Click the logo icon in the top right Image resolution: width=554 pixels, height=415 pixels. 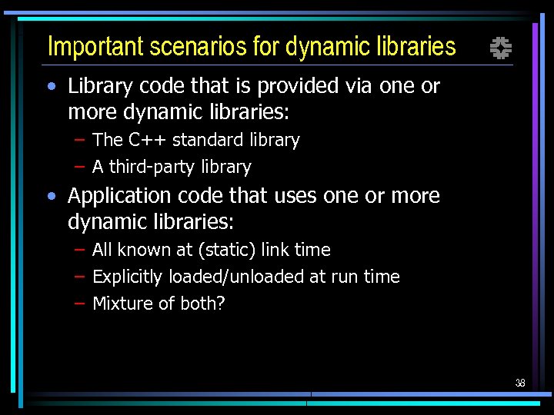tap(501, 49)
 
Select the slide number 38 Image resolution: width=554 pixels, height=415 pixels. tap(520, 383)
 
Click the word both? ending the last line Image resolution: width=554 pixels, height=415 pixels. tap(202, 304)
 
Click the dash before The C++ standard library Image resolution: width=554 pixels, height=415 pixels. tap(79, 140)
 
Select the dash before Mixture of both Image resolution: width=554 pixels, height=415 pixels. tap(79, 304)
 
